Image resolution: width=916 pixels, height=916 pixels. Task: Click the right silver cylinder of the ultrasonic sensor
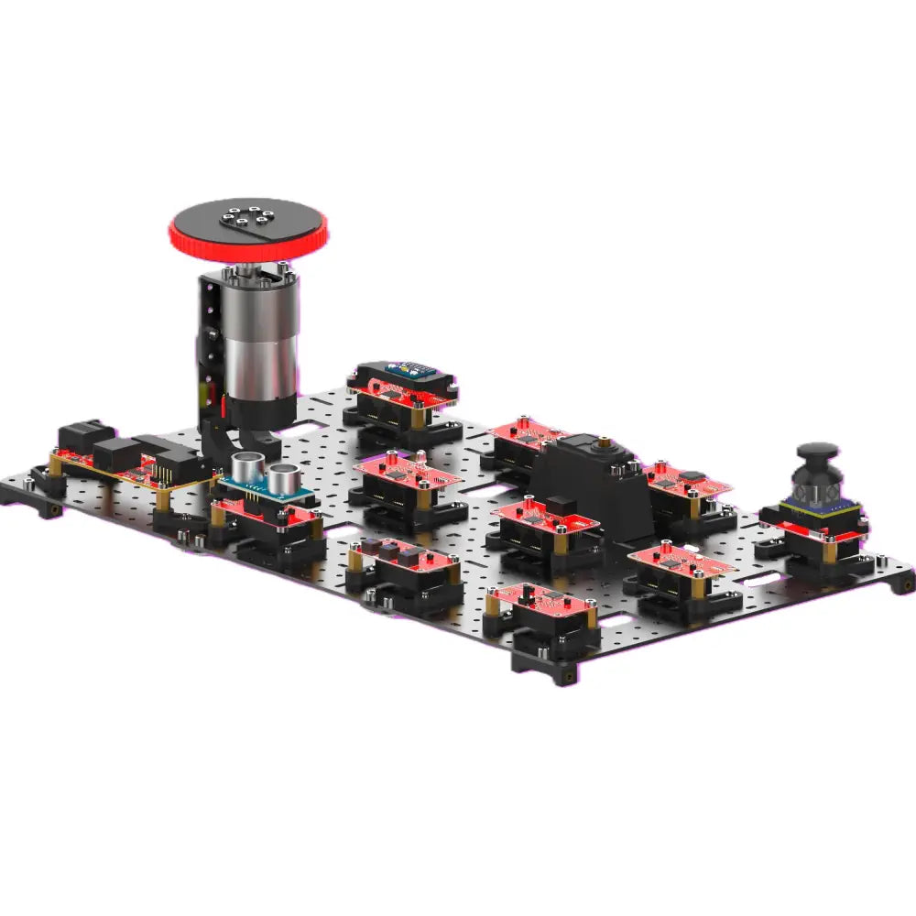pos(284,476)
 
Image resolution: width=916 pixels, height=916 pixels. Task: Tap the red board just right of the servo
pos(687,481)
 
